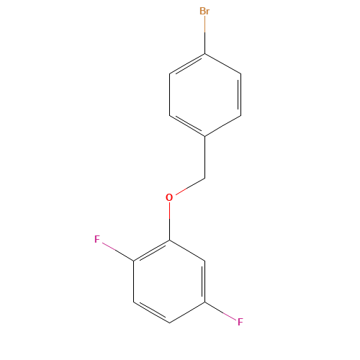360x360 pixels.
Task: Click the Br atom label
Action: [x=205, y=12]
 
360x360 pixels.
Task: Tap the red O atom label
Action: [x=169, y=197]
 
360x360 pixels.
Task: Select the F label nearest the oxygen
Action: [x=97, y=238]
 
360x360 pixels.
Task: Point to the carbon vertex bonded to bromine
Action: [x=205, y=53]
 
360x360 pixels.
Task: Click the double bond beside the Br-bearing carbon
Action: [x=187, y=63]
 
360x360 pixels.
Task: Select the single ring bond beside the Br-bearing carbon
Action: [x=223, y=63]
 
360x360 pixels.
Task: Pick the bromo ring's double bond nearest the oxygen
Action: [x=187, y=125]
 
